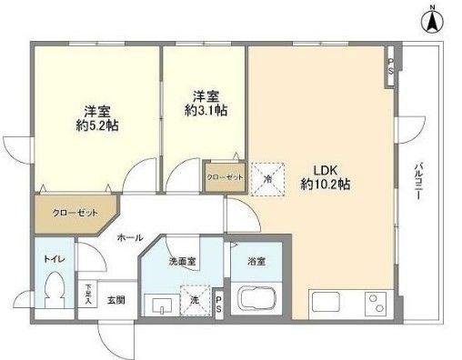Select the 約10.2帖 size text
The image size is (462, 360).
pos(327,184)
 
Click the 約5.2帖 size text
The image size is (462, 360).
pos(92,126)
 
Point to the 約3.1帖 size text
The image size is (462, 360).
pos(206,108)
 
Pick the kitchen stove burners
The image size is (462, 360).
pos(374,301)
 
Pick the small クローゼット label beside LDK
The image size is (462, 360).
pos(224,178)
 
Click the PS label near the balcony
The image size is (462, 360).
pos(390,65)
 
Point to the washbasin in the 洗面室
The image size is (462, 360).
pos(163,303)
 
